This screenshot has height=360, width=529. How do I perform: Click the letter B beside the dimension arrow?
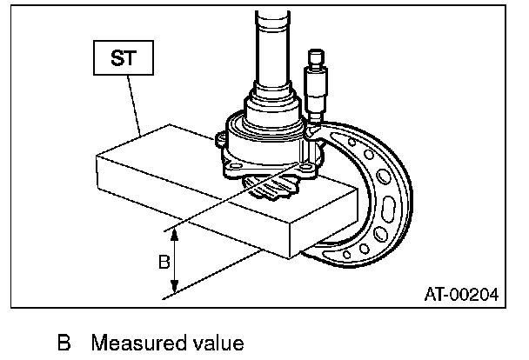(x=163, y=261)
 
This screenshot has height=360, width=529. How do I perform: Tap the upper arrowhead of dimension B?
(x=176, y=231)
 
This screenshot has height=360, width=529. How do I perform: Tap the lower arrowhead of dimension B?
(x=176, y=291)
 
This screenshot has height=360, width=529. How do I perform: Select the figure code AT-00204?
(x=460, y=295)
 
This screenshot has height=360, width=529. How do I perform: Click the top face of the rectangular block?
(x=174, y=165)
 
